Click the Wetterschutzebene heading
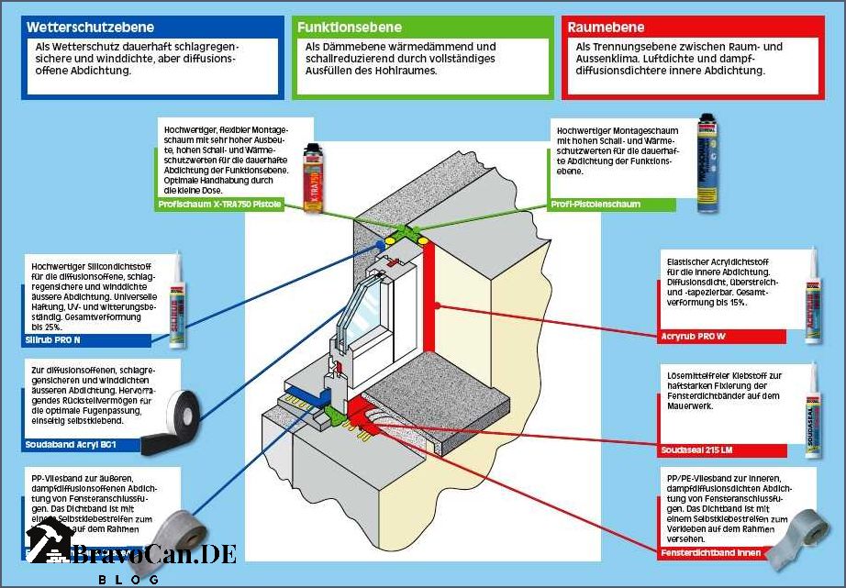click(89, 28)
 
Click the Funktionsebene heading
click(350, 28)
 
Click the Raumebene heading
click(606, 28)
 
